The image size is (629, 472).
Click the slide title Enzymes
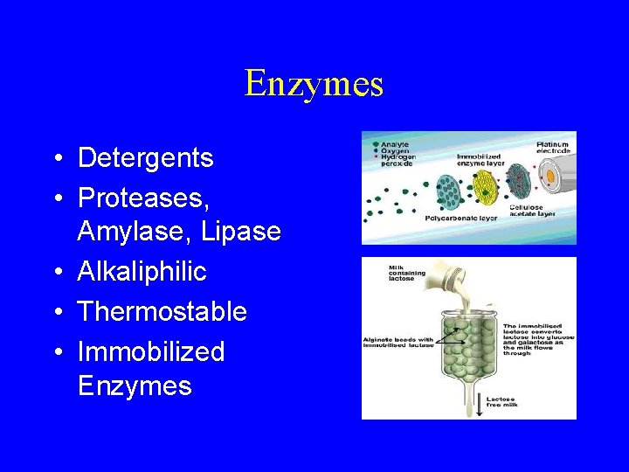pyautogui.click(x=314, y=84)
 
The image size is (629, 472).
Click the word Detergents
pyautogui.click(x=145, y=158)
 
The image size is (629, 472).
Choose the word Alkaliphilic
pyautogui.click(x=142, y=272)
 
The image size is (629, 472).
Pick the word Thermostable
pyautogui.click(x=162, y=311)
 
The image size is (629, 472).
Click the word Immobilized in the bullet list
pyautogui.click(x=150, y=351)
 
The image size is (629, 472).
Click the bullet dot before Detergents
pyautogui.click(x=56, y=159)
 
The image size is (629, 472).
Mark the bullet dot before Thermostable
pyautogui.click(x=56, y=312)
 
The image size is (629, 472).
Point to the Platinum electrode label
pyautogui.click(x=552, y=148)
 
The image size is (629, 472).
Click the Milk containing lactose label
pyautogui.click(x=408, y=274)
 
